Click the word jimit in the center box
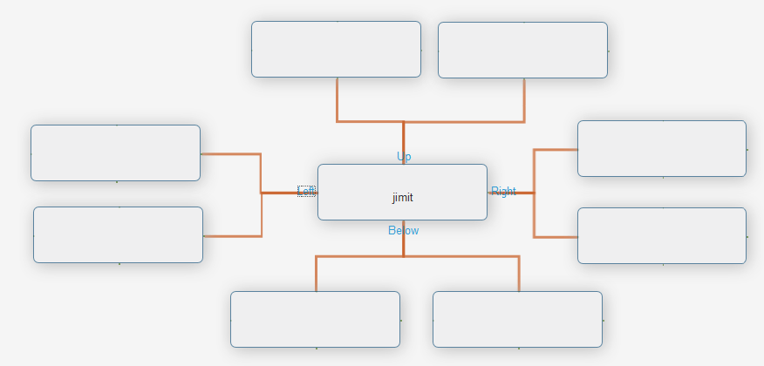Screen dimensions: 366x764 (402, 198)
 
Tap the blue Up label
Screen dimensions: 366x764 (404, 157)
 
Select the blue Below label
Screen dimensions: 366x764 (403, 231)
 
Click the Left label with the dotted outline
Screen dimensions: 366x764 (306, 191)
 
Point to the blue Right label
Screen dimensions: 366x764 (503, 192)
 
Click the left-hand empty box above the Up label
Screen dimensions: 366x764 (336, 50)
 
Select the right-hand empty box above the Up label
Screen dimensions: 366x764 (522, 51)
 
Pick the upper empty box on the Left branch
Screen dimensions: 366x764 (115, 153)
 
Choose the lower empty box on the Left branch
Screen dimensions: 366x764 (118, 234)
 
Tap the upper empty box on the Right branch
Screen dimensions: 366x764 (661, 148)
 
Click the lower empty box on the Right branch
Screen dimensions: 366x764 (661, 235)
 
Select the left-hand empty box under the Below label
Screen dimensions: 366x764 (315, 319)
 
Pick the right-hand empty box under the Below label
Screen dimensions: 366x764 (517, 319)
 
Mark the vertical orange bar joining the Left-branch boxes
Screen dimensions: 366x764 (261, 213)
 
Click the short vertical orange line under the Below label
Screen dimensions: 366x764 (403, 246)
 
